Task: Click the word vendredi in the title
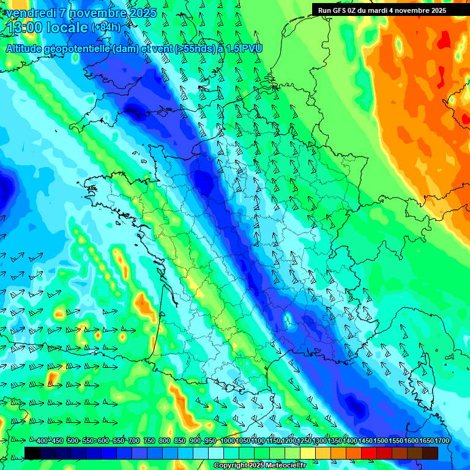coord(28,13)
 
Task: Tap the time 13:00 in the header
coord(24,28)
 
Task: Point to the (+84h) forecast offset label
coord(105,28)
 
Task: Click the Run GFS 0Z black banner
coord(390,10)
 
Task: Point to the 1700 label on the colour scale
coord(441,441)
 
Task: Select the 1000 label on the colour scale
coord(227,441)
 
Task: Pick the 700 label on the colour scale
coord(134,441)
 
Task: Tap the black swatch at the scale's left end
coord(32,453)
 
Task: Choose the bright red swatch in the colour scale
coord(369,453)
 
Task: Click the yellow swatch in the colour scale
coord(308,453)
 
